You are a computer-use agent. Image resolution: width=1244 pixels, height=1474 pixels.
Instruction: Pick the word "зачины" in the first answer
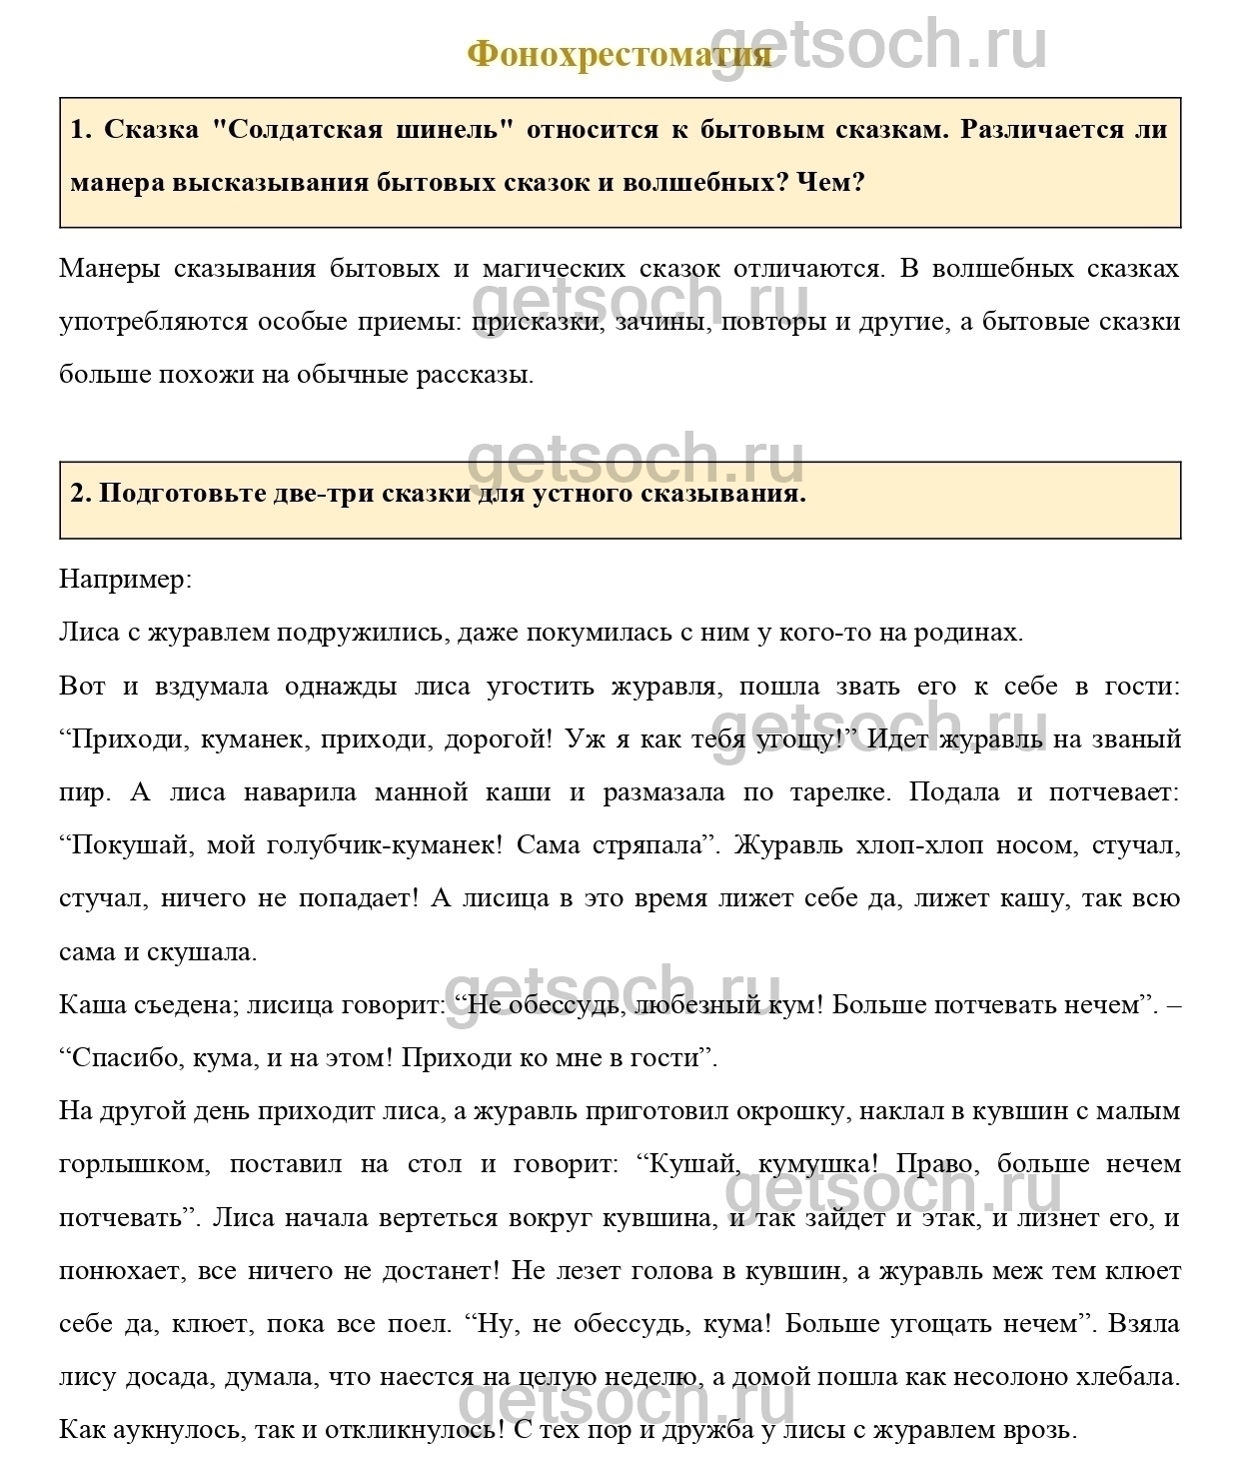[659, 322]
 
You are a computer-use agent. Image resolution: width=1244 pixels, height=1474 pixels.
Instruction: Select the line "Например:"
[125, 580]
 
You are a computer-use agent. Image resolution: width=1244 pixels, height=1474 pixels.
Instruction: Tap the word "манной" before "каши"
[421, 792]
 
